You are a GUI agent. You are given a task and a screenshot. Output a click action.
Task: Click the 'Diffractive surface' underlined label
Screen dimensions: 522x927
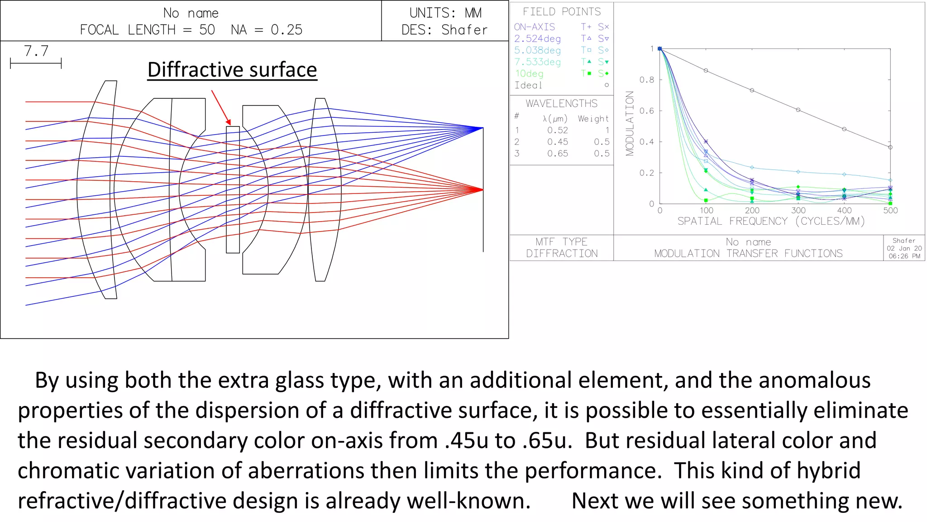coord(232,70)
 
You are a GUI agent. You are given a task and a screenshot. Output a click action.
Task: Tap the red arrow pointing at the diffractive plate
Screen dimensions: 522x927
coord(221,107)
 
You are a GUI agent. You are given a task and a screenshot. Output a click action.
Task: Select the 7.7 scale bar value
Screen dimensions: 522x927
coord(36,51)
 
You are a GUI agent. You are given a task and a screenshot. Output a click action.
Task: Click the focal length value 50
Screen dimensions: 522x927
coord(207,30)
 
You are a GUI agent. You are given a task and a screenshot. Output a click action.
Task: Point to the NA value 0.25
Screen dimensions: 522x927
coord(286,30)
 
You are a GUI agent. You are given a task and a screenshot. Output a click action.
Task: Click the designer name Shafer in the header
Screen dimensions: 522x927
coord(464,30)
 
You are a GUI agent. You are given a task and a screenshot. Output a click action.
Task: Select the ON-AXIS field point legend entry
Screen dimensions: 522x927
coord(534,27)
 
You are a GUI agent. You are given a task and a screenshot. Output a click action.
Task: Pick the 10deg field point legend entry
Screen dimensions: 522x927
coord(529,73)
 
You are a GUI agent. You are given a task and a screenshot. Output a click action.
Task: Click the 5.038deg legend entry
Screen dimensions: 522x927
coord(537,50)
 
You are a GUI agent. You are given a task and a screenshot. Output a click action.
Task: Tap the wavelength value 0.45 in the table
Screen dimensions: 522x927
coord(557,142)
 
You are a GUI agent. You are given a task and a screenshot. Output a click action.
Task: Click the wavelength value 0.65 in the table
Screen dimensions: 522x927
coord(557,154)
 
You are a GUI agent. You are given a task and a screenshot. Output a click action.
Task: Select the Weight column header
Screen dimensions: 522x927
coord(593,119)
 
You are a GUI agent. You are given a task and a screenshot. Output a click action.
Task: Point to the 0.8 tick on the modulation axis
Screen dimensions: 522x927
coord(646,80)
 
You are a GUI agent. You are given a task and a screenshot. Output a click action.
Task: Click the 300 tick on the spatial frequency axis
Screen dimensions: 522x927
coord(798,210)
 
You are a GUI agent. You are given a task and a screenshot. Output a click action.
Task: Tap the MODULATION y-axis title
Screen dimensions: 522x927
coord(630,123)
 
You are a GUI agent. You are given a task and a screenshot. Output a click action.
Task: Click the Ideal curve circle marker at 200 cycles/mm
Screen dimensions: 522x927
coord(752,90)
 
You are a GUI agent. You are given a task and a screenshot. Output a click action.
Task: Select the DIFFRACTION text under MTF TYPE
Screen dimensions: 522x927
coord(562,253)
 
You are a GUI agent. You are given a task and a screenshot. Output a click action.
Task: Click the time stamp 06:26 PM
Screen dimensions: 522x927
coord(904,256)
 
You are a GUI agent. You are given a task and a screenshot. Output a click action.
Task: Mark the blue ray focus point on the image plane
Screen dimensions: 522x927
coord(483,128)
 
